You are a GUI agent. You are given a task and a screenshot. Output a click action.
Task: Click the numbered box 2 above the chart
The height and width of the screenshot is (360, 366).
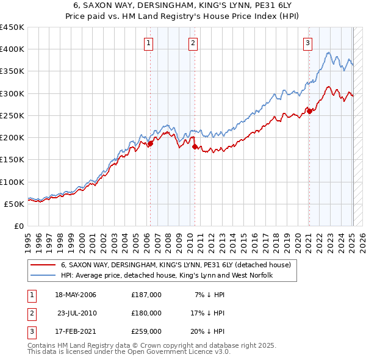coord(193,43)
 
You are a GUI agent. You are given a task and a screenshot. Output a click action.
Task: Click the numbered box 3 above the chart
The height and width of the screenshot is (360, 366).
coord(307,43)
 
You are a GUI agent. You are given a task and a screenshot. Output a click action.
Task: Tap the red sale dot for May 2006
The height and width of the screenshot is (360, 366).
coord(150,143)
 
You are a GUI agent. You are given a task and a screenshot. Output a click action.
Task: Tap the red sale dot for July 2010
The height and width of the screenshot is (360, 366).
coord(195,146)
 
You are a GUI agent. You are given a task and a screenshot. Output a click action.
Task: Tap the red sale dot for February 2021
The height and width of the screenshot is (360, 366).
coord(309,111)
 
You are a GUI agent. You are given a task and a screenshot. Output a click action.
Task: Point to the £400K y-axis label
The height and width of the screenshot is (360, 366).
coord(12,49)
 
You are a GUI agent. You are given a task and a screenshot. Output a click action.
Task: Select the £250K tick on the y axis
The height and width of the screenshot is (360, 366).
coord(12,115)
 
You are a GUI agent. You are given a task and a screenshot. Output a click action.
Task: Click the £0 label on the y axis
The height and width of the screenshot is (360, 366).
coord(18,226)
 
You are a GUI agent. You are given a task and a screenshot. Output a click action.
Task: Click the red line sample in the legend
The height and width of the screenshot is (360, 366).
coord(43,265)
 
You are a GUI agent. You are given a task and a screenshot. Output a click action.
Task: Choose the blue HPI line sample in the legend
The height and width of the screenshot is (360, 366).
coord(43,276)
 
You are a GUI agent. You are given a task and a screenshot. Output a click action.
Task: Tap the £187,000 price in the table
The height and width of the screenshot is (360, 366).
coord(146,295)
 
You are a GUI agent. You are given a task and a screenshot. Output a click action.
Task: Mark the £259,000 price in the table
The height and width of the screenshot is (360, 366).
coord(146,331)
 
